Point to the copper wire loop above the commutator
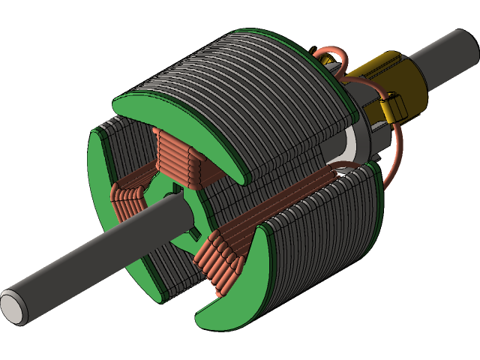click(x=330, y=60)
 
